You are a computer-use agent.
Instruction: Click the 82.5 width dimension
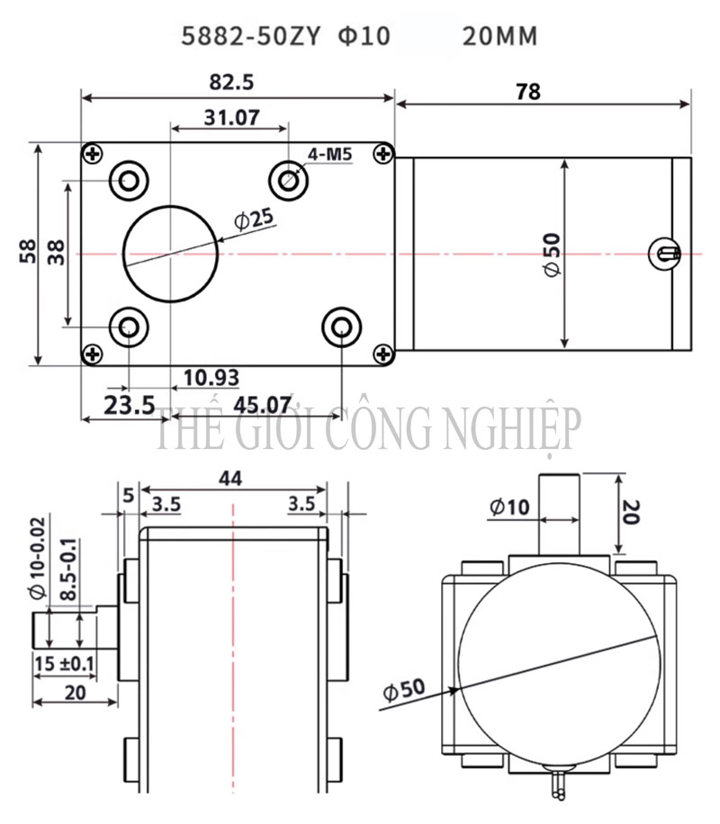231,83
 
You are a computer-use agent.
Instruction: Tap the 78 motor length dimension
528,92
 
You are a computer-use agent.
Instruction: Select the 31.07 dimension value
232,117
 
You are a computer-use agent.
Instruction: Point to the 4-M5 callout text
329,155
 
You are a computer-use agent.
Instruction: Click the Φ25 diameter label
255,219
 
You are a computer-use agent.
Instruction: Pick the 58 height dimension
28,251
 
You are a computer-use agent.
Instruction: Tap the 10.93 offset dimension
211,377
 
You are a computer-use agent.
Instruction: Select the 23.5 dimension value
130,405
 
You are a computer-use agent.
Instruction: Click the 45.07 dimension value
262,405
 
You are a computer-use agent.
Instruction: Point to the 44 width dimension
230,479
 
